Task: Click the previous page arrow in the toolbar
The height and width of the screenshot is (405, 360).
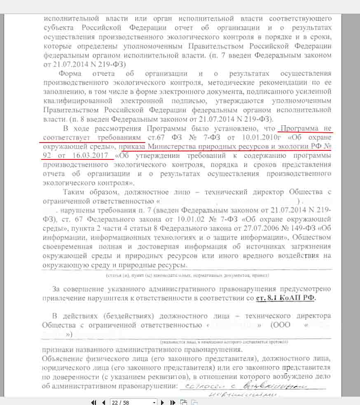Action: coord(103,402)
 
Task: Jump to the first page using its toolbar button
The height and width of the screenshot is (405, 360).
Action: coord(94,402)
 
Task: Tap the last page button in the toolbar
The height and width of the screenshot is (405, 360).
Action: coord(173,402)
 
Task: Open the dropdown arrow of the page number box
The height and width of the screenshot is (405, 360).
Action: coord(154,402)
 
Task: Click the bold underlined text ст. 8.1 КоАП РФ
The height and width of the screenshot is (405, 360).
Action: coord(287,298)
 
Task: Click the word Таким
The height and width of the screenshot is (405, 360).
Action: coord(75,192)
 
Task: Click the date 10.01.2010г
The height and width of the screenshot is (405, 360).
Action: coord(253,137)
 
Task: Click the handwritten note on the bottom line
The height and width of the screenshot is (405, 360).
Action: coord(251,387)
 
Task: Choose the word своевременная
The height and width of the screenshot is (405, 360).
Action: coord(69,246)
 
